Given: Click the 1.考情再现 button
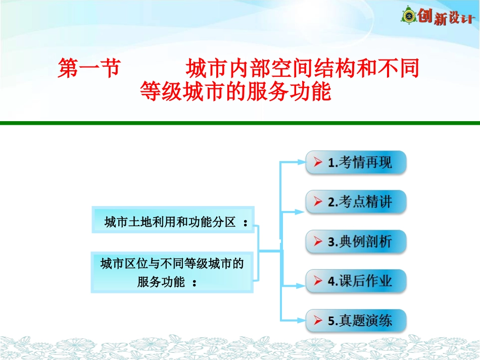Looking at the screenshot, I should point(356,163).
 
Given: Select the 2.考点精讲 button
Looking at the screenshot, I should point(356,202).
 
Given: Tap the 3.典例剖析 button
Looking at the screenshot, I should point(356,241).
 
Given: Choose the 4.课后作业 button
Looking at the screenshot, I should point(356,281).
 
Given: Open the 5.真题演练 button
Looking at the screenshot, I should point(356,320).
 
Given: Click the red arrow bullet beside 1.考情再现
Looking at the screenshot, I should point(318,163).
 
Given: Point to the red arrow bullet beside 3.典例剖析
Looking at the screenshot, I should point(318,241).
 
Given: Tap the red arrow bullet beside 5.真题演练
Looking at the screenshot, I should point(318,320).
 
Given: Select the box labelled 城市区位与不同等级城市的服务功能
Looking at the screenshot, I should point(172,272).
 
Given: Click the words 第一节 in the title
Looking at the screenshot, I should point(88,69).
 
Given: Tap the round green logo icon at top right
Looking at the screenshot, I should point(409,17).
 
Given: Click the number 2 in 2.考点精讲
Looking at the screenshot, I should point(331,202).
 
